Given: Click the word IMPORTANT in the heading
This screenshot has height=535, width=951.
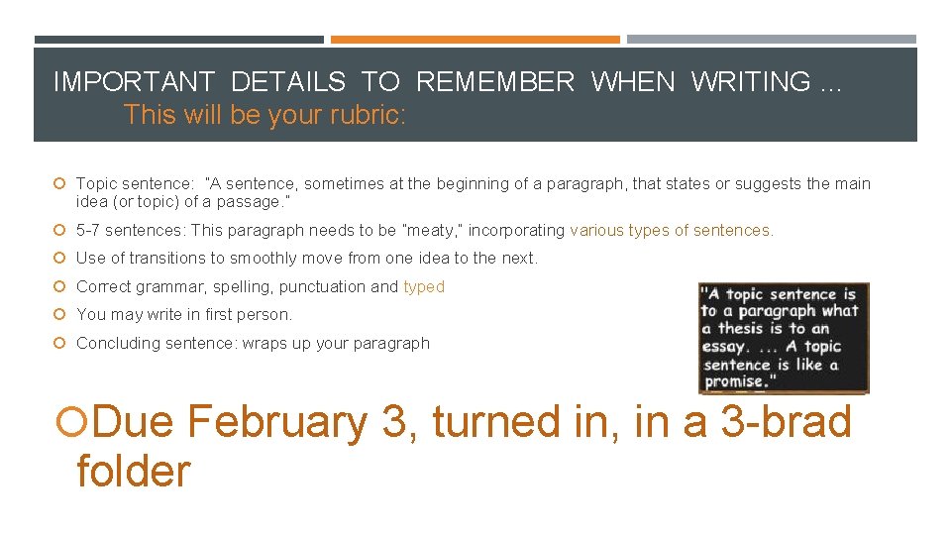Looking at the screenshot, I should (134, 81).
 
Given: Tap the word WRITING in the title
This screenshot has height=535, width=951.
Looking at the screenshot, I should (751, 81).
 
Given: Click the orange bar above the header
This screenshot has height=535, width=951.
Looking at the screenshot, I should (475, 40).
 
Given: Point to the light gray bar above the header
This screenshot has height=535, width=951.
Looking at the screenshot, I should (772, 40).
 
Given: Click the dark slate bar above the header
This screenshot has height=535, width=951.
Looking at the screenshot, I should (178, 40).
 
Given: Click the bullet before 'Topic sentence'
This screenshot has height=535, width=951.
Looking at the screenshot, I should (60, 183).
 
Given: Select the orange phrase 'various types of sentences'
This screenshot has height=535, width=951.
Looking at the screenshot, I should (671, 231).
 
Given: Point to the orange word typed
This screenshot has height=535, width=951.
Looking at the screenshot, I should (424, 287).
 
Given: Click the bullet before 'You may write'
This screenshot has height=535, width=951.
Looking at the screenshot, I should (60, 315).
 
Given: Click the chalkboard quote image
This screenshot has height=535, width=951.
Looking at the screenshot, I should (783, 338).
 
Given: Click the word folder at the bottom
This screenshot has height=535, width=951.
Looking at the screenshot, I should (133, 471).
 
